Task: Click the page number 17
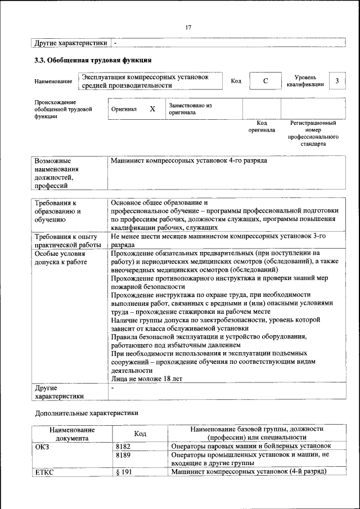[188, 28]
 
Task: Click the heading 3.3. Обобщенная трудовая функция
[93, 60]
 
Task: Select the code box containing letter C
[265, 82]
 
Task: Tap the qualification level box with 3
[336, 81]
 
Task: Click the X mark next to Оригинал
[152, 109]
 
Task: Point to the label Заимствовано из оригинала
[190, 109]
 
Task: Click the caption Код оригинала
[262, 126]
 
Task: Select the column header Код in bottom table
[140, 433]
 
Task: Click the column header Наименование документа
[72, 433]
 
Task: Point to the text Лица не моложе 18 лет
[146, 379]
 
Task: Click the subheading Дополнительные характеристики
[86, 412]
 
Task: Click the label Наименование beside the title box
[53, 82]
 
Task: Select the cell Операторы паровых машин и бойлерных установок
[250, 445]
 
